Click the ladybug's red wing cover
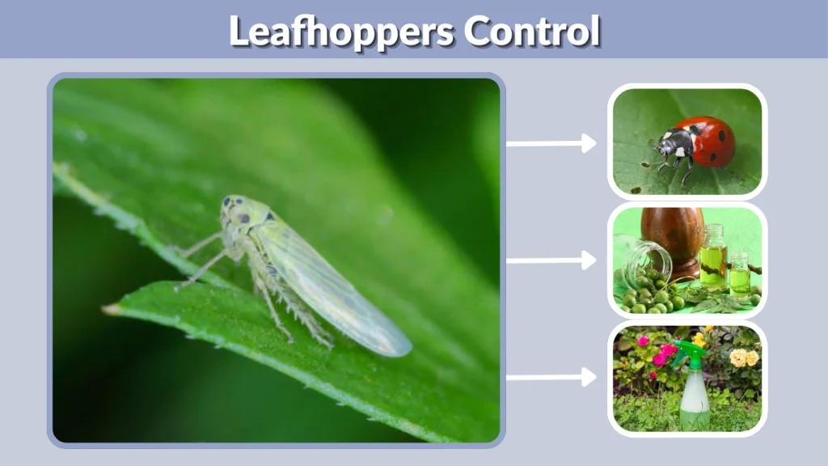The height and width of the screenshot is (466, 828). click(712, 142)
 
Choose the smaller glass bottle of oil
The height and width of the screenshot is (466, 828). click(739, 275)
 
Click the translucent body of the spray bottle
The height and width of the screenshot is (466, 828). click(694, 400)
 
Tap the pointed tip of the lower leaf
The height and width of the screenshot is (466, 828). click(109, 309)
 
